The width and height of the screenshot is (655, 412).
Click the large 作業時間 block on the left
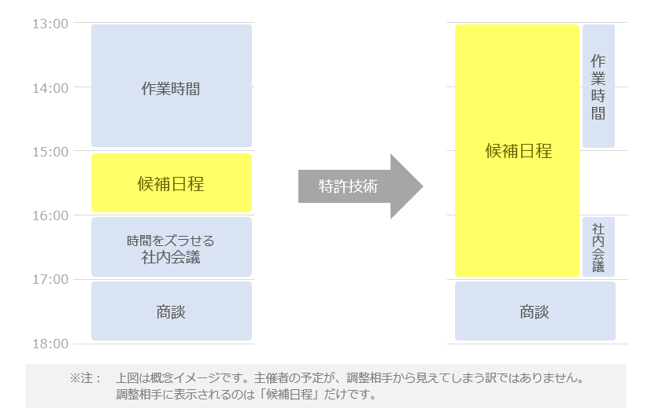coord(171,86)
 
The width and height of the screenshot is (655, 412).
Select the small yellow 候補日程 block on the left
coord(171,183)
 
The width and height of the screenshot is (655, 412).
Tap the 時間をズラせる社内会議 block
coord(171,247)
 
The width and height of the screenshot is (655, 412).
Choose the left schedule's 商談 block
coord(171,311)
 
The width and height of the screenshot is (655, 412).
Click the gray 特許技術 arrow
coord(359,186)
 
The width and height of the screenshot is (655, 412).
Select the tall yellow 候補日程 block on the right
coord(517,151)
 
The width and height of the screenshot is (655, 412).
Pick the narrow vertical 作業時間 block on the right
coord(598,86)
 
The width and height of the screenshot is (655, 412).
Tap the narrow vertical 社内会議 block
coord(598,247)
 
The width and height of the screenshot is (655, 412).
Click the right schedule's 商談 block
coord(535,311)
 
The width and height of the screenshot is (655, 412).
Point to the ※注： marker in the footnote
coord(86,378)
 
